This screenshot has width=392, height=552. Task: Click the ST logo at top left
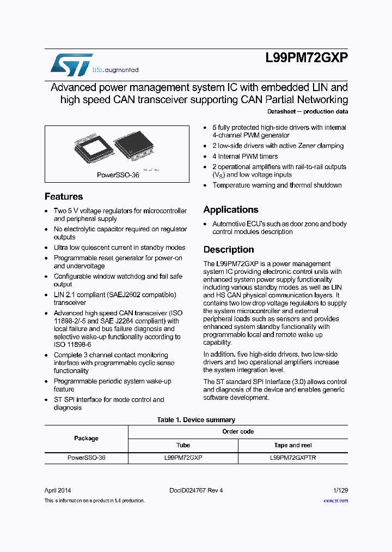[71, 64]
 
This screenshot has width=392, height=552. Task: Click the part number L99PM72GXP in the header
[307, 59]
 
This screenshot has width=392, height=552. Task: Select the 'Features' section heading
[64, 197]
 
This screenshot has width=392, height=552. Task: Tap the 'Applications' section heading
[231, 210]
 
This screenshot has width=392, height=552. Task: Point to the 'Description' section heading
[229, 250]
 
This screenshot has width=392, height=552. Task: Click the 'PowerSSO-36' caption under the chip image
[118, 176]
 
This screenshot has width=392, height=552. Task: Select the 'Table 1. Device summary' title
[196, 420]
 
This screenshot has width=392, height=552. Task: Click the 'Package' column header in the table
[86, 439]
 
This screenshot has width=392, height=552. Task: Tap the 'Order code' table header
[238, 431]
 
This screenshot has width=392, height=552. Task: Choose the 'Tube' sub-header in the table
[183, 445]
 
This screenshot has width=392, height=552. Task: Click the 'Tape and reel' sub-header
[293, 445]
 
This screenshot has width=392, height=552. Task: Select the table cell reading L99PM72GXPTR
[293, 458]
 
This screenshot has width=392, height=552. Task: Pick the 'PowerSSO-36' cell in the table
[86, 458]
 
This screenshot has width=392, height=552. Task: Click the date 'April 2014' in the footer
[58, 490]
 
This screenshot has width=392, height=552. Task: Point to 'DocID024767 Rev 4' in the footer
[196, 490]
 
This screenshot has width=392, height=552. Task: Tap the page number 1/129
[340, 490]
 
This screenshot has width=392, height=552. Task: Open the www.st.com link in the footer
[336, 501]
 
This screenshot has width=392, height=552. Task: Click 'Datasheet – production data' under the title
[308, 112]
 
